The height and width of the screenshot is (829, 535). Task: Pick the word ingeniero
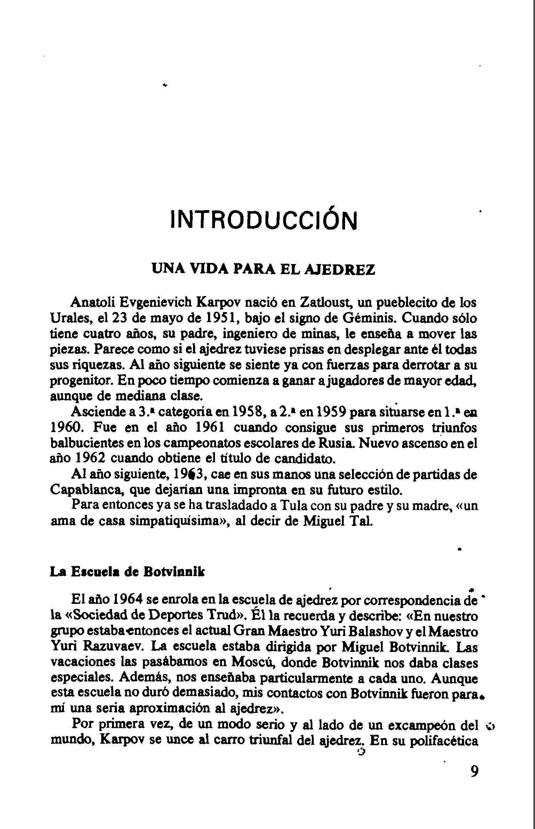(249, 334)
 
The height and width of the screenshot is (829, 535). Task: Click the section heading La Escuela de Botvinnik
(128, 572)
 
